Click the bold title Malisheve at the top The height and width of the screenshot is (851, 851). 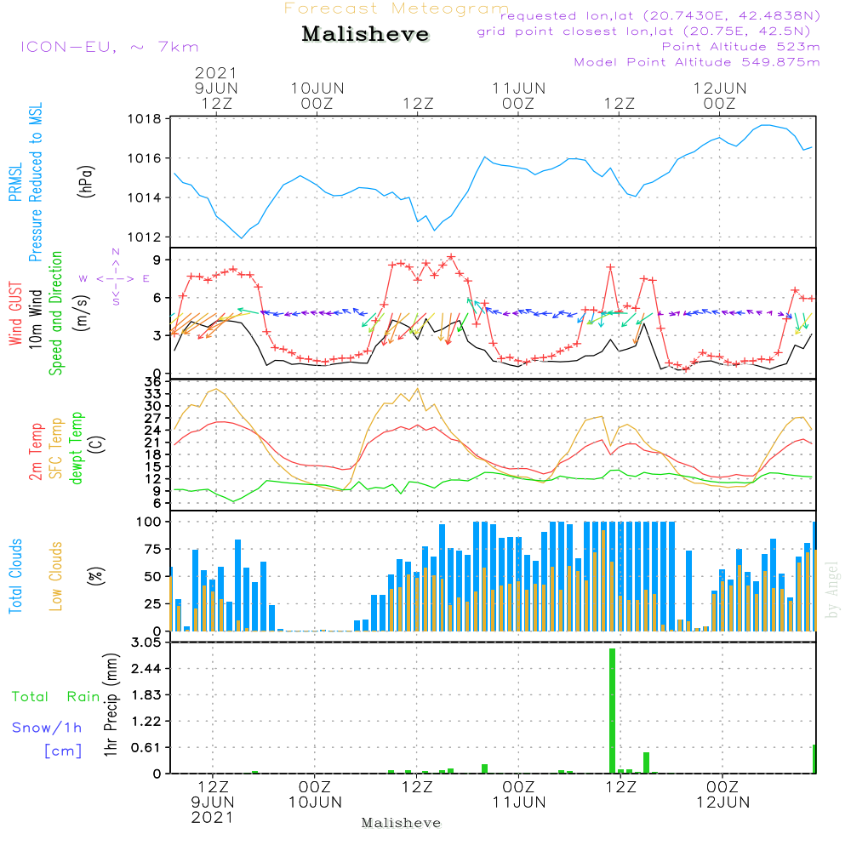coord(365,35)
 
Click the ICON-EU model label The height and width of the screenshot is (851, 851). coord(109,47)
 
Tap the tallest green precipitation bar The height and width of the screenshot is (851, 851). coord(612,711)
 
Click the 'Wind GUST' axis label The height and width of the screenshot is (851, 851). coord(15,312)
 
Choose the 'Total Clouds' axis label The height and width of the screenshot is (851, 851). coord(15,576)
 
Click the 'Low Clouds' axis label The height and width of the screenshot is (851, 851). coord(56,576)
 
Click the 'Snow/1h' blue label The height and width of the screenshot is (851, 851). coord(48,728)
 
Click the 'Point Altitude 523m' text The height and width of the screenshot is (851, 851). coord(740,47)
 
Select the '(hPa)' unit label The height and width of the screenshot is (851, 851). coord(86,180)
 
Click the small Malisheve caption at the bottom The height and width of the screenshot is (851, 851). coord(401,823)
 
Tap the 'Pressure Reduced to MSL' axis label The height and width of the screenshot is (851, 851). coord(36,182)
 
